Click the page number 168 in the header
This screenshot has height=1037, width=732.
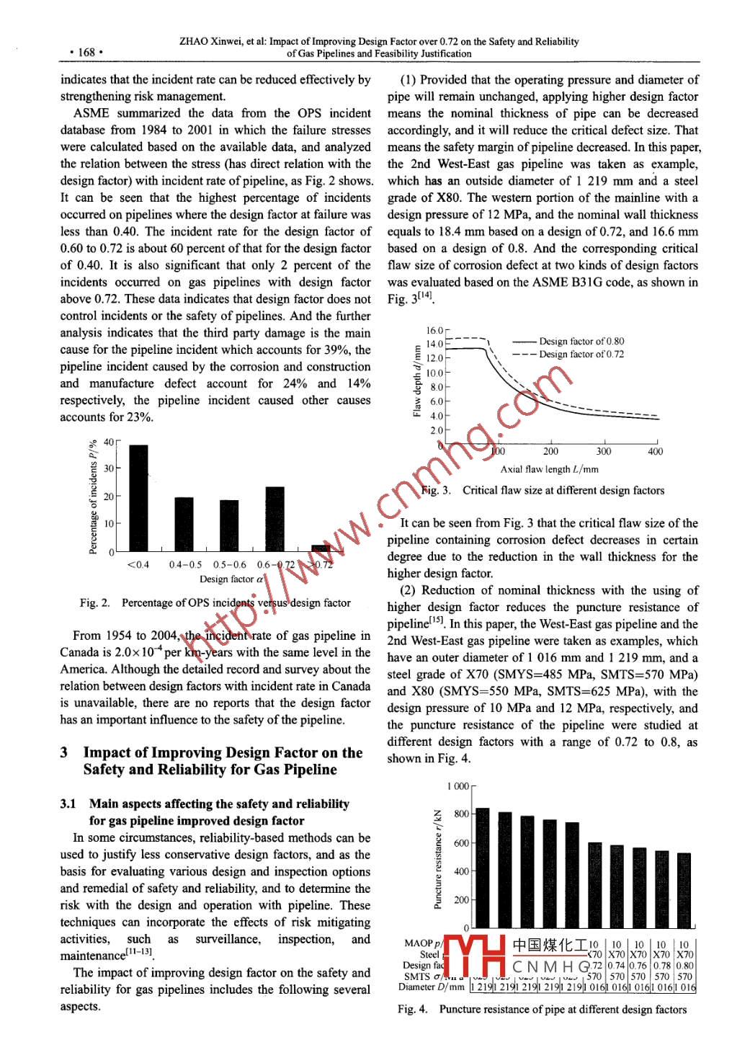click(86, 52)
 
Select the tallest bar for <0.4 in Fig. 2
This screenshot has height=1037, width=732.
click(138, 499)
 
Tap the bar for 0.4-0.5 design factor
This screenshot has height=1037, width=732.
click(184, 525)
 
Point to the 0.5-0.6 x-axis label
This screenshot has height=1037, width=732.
click(229, 565)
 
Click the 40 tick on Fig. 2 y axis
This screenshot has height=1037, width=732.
click(109, 442)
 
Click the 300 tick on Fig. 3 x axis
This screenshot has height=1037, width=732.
click(604, 452)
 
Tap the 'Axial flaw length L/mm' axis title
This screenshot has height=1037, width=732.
click(549, 469)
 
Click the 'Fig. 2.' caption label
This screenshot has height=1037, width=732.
click(94, 602)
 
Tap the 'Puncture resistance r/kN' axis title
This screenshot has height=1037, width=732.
click(438, 858)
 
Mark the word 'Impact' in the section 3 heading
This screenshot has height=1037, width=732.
click(108, 752)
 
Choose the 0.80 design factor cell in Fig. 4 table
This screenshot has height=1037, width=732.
click(685, 966)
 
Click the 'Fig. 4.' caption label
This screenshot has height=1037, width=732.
click(413, 1010)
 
